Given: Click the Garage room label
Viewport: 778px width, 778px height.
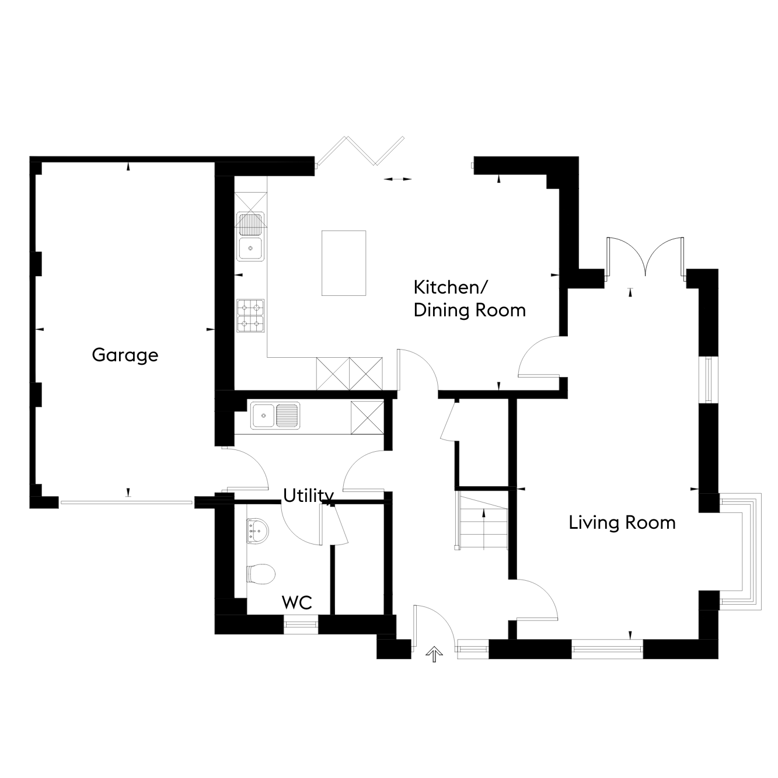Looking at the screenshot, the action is click(x=125, y=355).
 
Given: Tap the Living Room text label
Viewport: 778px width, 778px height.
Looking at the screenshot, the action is click(x=622, y=523).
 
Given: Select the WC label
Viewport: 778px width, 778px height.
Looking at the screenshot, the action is click(x=297, y=602).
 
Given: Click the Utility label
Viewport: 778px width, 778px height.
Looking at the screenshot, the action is click(x=308, y=496).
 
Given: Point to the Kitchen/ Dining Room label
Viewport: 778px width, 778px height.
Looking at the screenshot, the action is click(x=470, y=299).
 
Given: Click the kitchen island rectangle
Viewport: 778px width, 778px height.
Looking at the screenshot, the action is click(x=344, y=263).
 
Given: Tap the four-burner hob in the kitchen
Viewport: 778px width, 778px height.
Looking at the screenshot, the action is click(x=250, y=316).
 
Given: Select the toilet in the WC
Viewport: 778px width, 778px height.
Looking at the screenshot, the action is click(x=261, y=574).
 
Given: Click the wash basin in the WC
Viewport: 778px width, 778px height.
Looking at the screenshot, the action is click(x=257, y=530).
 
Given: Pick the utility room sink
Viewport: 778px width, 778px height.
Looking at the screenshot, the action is click(x=275, y=415).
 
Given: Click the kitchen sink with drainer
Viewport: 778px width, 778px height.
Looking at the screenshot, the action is click(x=250, y=236).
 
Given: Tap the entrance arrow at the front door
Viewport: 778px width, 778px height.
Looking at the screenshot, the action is click(x=434, y=654).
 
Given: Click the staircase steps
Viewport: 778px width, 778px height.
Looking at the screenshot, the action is click(x=483, y=521).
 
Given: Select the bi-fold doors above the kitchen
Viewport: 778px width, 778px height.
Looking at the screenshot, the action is click(x=361, y=151).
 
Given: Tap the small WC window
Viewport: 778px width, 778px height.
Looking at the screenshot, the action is click(x=301, y=625).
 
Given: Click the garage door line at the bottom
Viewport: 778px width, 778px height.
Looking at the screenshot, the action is click(x=127, y=503).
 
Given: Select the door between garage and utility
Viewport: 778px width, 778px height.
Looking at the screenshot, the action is click(x=247, y=468).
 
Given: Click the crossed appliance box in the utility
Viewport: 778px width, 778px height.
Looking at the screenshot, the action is click(x=367, y=417).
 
